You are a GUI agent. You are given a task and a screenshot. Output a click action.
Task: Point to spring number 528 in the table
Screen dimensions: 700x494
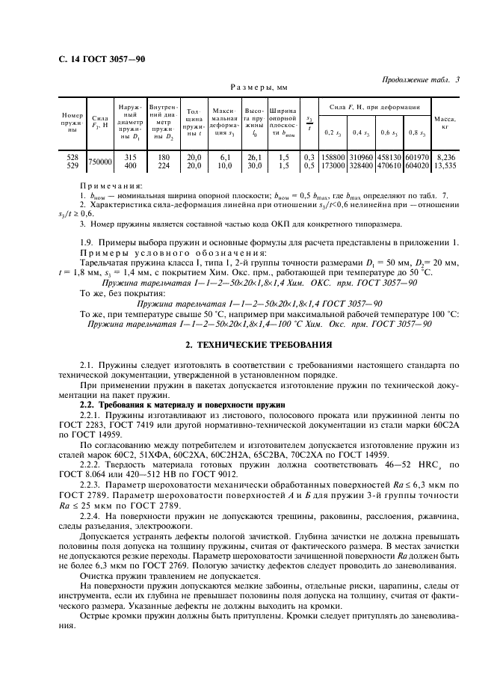coord(72,157)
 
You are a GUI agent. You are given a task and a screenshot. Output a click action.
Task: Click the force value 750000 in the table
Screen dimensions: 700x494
coord(99,161)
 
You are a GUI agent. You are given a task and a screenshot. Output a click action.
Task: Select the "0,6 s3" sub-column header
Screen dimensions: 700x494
coord(389,132)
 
